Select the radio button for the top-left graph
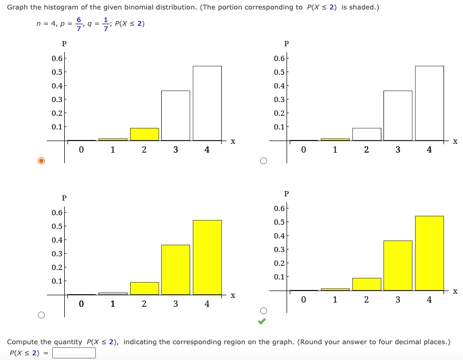(x=41, y=161)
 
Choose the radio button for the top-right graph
(x=263, y=161)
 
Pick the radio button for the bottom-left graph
(x=41, y=315)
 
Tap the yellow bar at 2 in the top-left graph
(x=144, y=134)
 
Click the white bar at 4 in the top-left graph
(x=207, y=103)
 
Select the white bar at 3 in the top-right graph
(x=398, y=115)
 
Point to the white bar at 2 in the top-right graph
(x=367, y=134)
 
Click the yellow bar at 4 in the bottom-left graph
(x=207, y=257)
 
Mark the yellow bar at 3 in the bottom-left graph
(x=175, y=269)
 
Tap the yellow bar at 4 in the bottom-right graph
(x=429, y=253)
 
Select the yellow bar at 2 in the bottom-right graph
(x=367, y=284)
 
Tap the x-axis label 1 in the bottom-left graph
(x=113, y=304)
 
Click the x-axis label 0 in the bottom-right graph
(x=303, y=299)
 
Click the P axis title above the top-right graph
(x=287, y=44)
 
